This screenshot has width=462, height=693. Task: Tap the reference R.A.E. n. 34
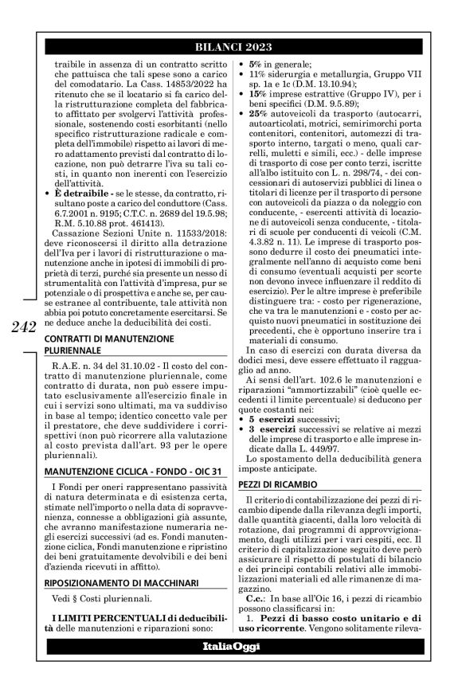tap(82, 387)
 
